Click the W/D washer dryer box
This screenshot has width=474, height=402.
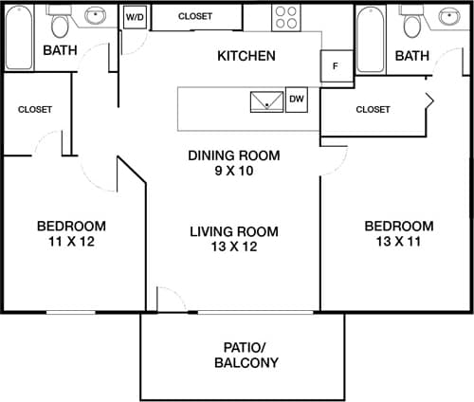[x=134, y=18]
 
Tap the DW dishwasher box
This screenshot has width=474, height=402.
[x=296, y=99]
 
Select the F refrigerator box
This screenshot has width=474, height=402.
[x=335, y=66]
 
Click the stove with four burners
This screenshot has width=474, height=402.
[x=285, y=17]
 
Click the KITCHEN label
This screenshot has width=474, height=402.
[x=246, y=56]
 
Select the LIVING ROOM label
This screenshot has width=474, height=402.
[x=233, y=231]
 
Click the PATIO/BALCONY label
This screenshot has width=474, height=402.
[x=244, y=355]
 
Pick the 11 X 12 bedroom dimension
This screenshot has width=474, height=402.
[x=71, y=242]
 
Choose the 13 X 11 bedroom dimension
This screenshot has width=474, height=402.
[x=399, y=242]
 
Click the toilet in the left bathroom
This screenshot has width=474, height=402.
[x=61, y=22]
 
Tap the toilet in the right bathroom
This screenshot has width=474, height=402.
[x=410, y=22]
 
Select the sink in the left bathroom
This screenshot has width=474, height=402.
[x=96, y=16]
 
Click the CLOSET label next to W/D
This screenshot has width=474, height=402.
[x=195, y=16]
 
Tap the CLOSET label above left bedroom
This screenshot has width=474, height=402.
[x=35, y=109]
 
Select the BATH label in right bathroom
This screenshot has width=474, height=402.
[x=411, y=56]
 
